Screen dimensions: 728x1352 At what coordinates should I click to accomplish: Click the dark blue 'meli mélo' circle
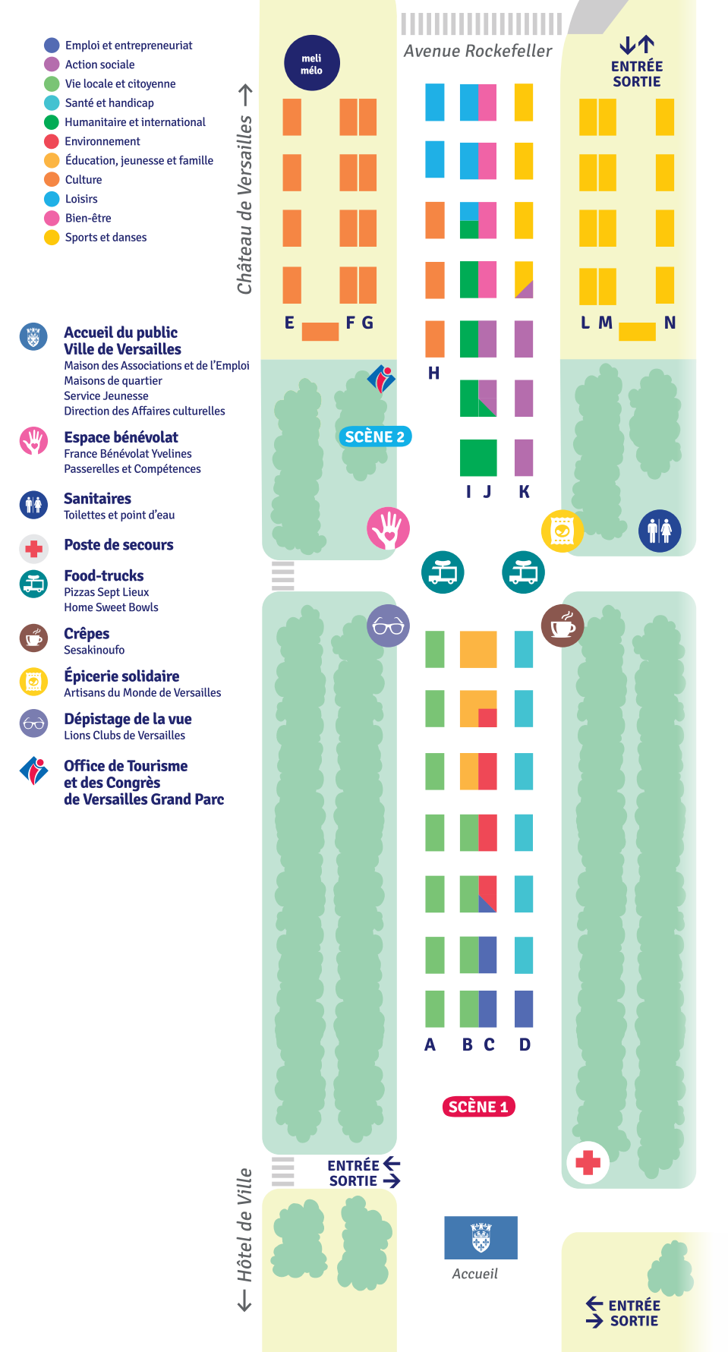click(x=311, y=63)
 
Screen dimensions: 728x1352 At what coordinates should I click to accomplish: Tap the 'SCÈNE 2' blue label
click(x=374, y=436)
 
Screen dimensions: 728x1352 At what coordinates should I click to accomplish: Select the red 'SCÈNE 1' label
click(x=478, y=1107)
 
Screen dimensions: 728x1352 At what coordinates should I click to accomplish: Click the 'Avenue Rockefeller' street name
click(x=478, y=51)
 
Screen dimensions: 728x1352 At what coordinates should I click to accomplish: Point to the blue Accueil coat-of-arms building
click(x=481, y=1237)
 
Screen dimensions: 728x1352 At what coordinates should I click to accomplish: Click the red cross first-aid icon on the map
click(x=588, y=1161)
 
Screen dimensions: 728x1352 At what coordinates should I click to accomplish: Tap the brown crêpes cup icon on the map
click(x=563, y=626)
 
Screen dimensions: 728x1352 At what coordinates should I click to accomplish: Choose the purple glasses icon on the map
click(x=388, y=626)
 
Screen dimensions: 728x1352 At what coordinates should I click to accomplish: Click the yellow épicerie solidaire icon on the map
click(x=562, y=531)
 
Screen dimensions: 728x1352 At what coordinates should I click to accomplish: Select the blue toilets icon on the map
click(x=660, y=530)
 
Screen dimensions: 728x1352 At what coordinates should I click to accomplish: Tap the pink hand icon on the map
click(x=388, y=528)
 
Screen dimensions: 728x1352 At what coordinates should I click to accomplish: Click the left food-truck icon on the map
click(x=443, y=572)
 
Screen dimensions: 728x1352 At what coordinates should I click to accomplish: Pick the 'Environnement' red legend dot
click(x=52, y=141)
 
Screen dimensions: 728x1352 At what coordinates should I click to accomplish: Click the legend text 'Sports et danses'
click(x=106, y=237)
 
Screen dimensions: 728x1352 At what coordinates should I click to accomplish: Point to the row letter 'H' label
click(x=433, y=373)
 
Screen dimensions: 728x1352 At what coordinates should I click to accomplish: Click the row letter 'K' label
click(x=524, y=491)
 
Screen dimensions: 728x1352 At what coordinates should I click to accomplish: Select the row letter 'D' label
click(x=525, y=1045)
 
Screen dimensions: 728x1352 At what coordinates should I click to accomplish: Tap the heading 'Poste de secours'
click(x=118, y=544)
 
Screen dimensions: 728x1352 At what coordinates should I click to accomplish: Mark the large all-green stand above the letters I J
click(x=478, y=459)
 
